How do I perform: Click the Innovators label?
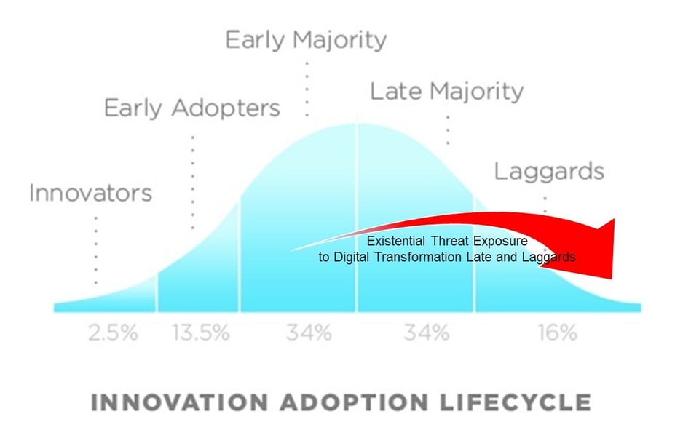(90, 194)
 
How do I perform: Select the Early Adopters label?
(191, 108)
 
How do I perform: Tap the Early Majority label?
(306, 39)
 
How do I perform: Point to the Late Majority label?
(446, 92)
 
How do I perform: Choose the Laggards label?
(549, 172)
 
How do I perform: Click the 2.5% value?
(113, 334)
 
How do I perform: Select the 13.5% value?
(201, 334)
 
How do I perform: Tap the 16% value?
(557, 334)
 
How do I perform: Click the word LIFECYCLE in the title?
(516, 402)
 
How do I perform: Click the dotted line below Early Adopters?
(192, 182)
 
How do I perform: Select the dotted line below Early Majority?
(307, 87)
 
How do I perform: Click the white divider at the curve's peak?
(356, 218)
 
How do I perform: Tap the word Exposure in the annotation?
(499, 241)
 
